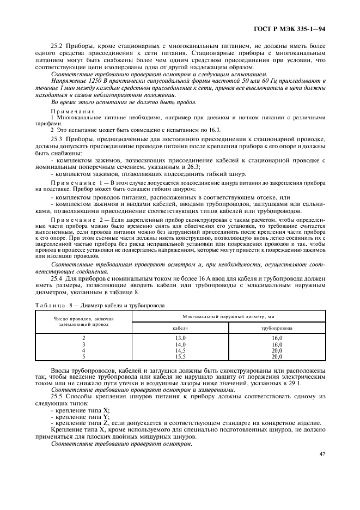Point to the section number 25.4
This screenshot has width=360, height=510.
click(x=57, y=278)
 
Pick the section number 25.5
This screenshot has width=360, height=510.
click(x=57, y=397)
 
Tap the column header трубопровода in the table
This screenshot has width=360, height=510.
click(x=277, y=328)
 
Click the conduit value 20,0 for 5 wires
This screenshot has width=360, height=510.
click(x=277, y=356)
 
